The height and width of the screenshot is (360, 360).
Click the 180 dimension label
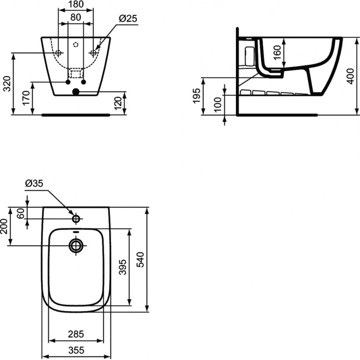76,4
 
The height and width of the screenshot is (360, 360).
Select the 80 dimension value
76,17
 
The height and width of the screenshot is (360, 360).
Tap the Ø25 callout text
128,18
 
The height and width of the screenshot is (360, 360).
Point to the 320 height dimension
7,84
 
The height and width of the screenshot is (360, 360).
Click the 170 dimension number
26,98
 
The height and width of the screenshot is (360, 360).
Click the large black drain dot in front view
76,92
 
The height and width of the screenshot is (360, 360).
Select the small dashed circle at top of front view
76,44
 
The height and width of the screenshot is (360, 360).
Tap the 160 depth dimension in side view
277,53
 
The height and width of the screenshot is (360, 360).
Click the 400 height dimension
351,76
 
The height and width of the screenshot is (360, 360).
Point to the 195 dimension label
197,96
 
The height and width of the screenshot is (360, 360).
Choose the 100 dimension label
218,105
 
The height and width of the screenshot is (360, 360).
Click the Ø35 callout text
34,183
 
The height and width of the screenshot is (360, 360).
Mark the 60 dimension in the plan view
21,213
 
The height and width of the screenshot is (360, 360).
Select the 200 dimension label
4,227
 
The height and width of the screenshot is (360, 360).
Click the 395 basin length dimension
123,267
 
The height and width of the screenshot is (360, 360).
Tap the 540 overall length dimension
140,260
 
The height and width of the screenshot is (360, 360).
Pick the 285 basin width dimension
76,334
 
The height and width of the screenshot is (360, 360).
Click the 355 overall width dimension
76,350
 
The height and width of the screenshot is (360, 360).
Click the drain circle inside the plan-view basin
76,246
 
